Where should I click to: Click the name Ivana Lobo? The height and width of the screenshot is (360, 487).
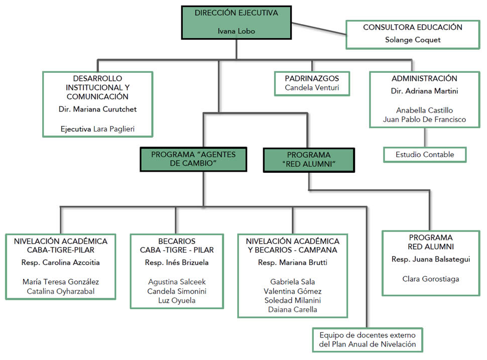236,31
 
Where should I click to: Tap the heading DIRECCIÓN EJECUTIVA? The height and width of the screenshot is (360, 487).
236,13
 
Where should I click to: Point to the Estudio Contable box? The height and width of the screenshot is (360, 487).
424,155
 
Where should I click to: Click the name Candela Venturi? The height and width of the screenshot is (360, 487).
311,88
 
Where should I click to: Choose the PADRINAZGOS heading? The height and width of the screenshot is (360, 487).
311,78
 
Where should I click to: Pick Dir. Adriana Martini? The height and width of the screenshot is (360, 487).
424,91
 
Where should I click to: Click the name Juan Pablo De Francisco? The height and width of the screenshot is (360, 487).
424,119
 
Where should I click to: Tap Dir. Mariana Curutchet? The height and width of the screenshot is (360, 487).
97,109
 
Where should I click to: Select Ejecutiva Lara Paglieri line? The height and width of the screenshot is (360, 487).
97,129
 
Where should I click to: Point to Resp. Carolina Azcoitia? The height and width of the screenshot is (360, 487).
61,263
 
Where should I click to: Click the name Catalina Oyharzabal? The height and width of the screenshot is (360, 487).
61,291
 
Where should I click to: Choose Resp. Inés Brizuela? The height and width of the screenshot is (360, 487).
177,263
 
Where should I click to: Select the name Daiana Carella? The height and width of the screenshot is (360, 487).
293,309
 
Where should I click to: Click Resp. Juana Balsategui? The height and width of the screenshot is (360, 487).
430,260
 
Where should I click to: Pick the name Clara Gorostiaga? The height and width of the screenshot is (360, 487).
430,279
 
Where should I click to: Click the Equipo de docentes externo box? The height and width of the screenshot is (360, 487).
368,339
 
